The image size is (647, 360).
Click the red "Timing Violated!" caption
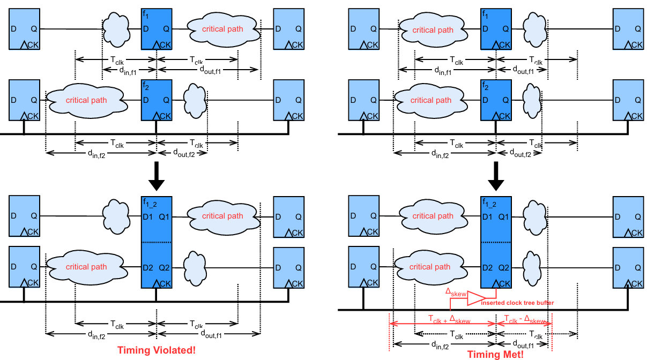pyautogui.click(x=157, y=350)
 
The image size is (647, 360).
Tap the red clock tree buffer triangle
pyautogui.click(x=477, y=298)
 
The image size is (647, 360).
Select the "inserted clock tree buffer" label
pyautogui.click(x=517, y=303)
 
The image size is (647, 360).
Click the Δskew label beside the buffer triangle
pyautogui.click(x=456, y=291)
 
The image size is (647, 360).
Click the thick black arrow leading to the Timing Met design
pyautogui.click(x=497, y=177)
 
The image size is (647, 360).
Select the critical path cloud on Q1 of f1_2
pyautogui.click(x=222, y=216)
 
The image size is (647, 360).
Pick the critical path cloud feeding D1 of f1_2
pyautogui.click(x=432, y=216)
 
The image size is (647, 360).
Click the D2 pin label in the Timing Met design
pyautogui.click(x=487, y=267)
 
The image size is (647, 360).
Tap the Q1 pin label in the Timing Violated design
pyautogui.click(x=163, y=217)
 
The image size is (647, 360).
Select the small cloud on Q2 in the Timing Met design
pyautogui.click(x=531, y=266)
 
